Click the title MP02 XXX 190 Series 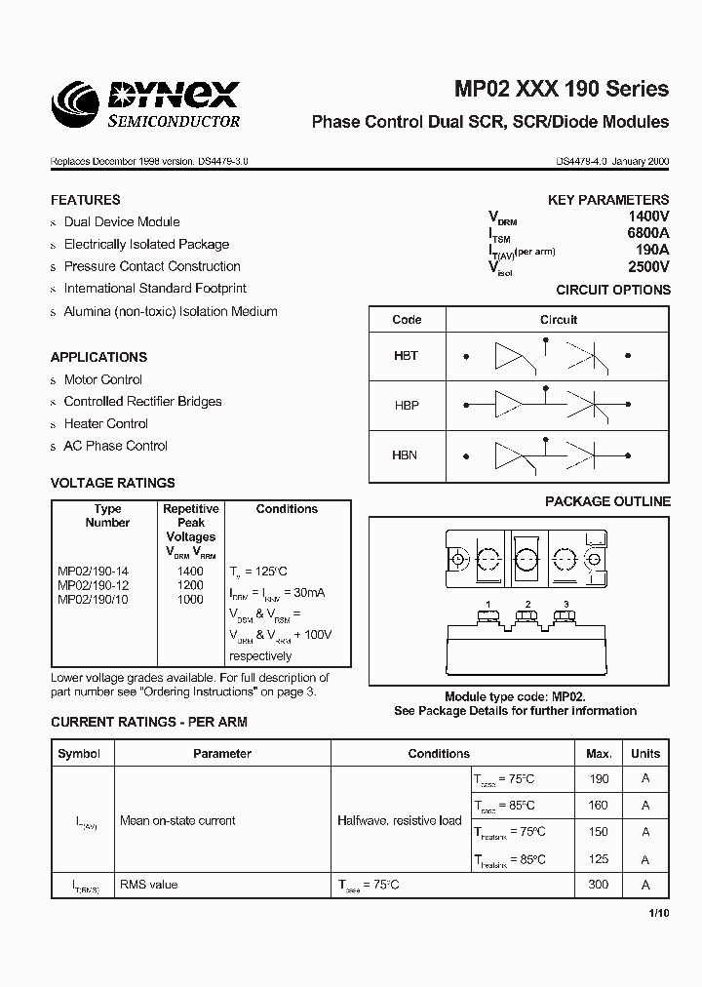click(x=562, y=89)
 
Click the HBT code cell click(x=406, y=356)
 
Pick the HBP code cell click(x=406, y=405)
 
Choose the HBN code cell click(x=406, y=454)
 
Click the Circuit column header click(x=559, y=320)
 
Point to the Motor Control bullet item click(x=102, y=379)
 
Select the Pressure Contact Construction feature click(x=151, y=266)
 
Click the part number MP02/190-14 click(x=93, y=571)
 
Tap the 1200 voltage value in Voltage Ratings click(x=190, y=585)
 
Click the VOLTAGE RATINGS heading click(x=113, y=483)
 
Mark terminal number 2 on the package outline click(x=527, y=605)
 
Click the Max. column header click(x=599, y=754)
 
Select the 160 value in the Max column click(x=599, y=806)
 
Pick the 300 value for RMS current click(x=599, y=884)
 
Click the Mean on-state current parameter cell click(x=176, y=821)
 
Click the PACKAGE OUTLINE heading click(x=607, y=501)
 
